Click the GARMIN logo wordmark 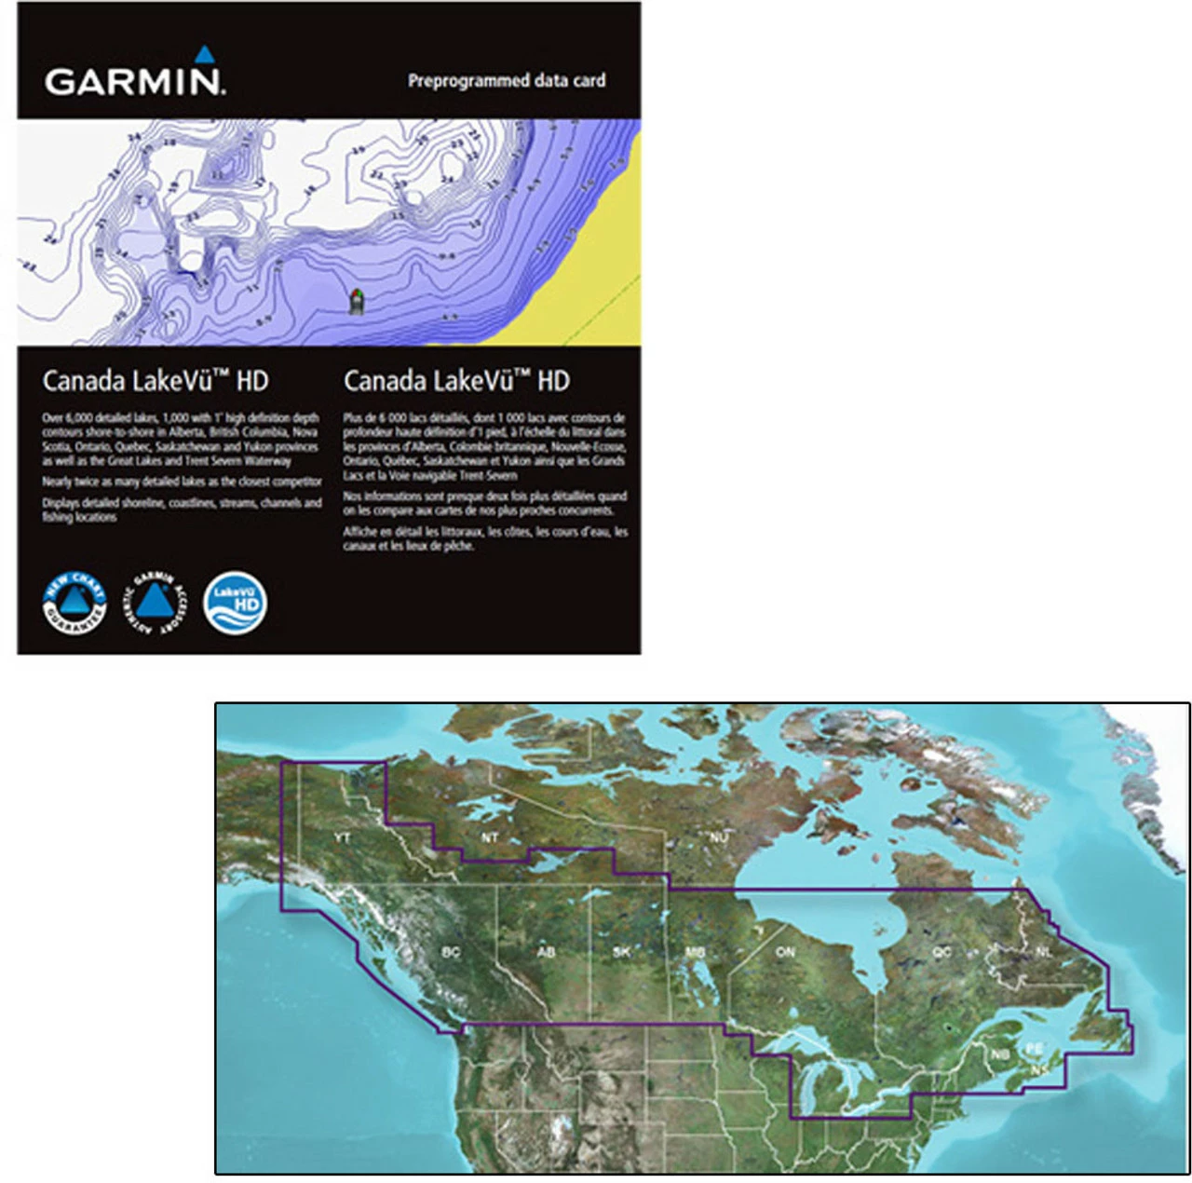134,81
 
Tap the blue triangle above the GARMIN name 204,54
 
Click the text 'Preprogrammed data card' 507,81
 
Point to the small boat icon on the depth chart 355,301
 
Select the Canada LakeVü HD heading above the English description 156,381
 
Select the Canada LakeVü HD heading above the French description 456,381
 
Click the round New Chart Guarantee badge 74,604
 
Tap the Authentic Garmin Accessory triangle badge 155,604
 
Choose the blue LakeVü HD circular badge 235,604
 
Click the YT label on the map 343,838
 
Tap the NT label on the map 490,837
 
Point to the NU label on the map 718,837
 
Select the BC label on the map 451,952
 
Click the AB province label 546,952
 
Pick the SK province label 622,952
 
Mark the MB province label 695,952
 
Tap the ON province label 785,952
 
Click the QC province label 942,952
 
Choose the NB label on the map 999,1054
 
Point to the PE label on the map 1034,1049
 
